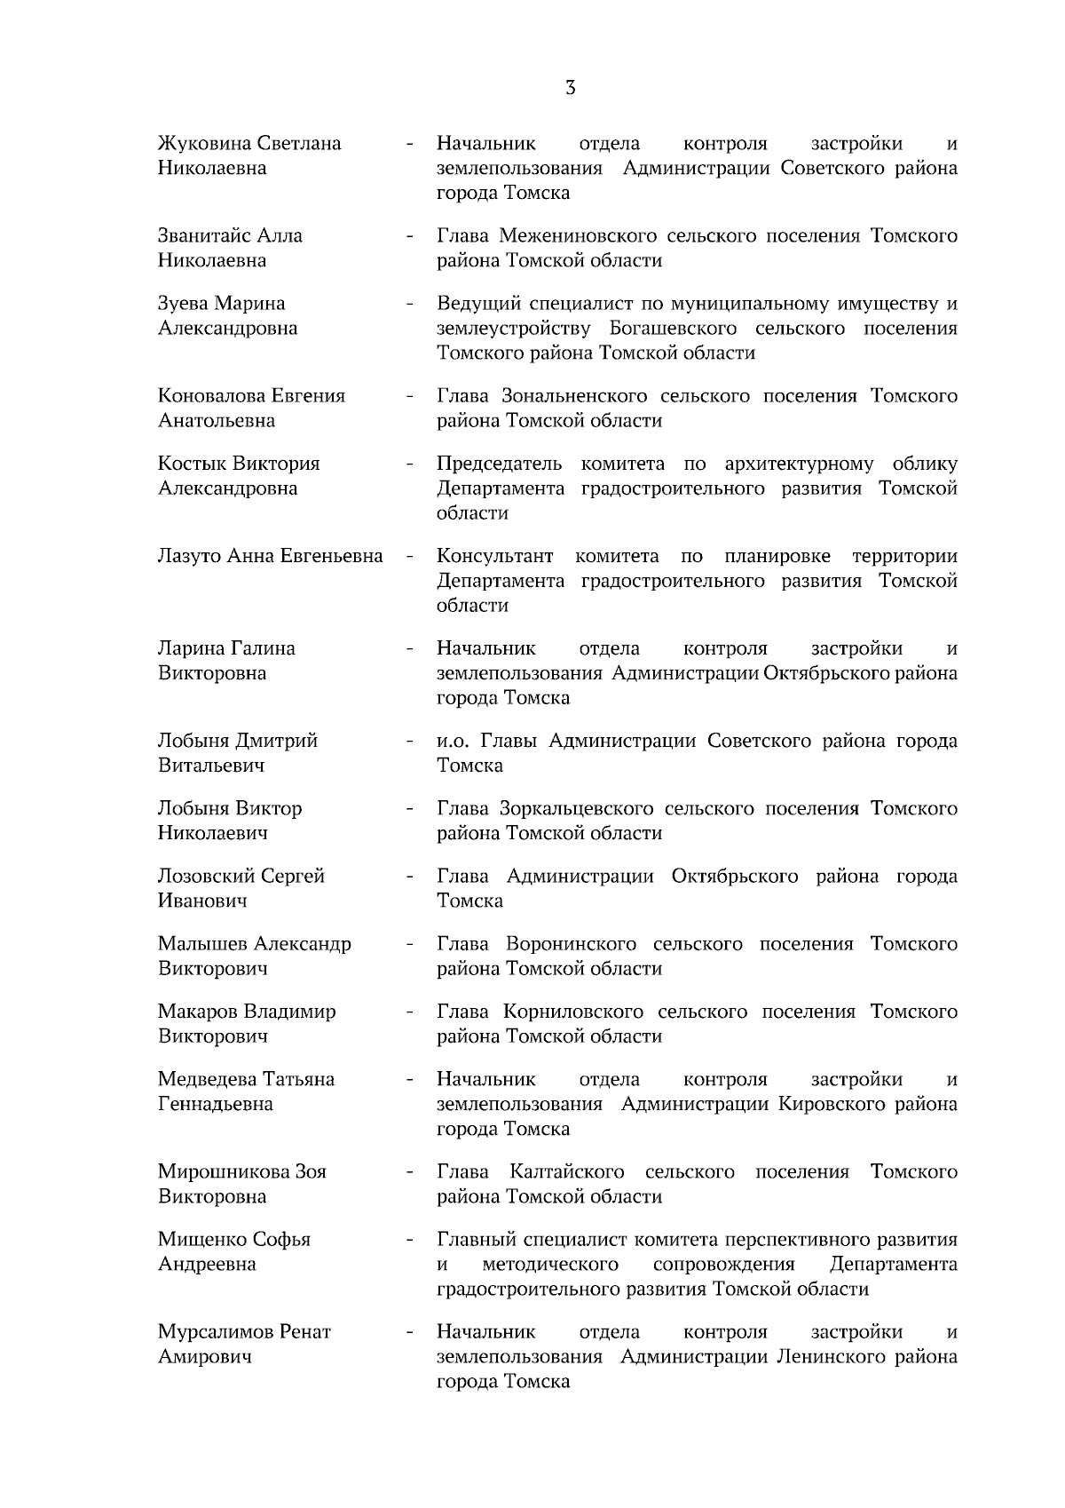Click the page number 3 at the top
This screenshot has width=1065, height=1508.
pyautogui.click(x=570, y=87)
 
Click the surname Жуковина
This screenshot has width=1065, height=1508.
pyautogui.click(x=202, y=144)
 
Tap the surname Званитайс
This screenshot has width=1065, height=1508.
pyautogui.click(x=203, y=236)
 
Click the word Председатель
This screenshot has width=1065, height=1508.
pyautogui.click(x=500, y=464)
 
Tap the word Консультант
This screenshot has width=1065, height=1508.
pyautogui.click(x=495, y=556)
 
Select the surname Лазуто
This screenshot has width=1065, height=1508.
pyautogui.click(x=189, y=556)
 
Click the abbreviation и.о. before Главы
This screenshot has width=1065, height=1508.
pyautogui.click(x=453, y=741)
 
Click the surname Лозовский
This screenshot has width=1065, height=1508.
pyautogui.click(x=205, y=876)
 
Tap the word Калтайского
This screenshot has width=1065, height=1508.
pyautogui.click(x=567, y=1171)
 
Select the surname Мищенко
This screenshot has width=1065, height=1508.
pyautogui.click(x=201, y=1239)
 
